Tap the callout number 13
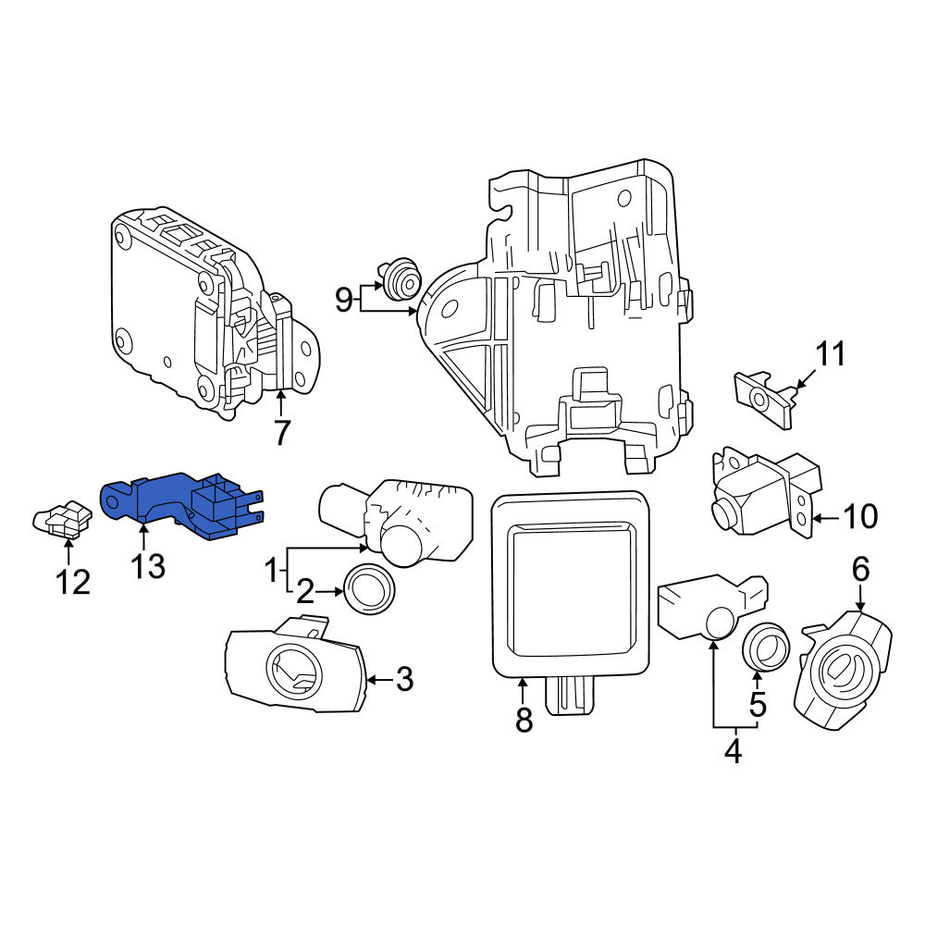coord(147,566)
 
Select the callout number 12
coord(72,582)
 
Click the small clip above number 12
coord(62,520)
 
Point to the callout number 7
coord(282,433)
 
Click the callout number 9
coord(344,300)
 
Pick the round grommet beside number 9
coord(402,278)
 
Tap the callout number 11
coord(830,354)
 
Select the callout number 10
coord(860,517)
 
